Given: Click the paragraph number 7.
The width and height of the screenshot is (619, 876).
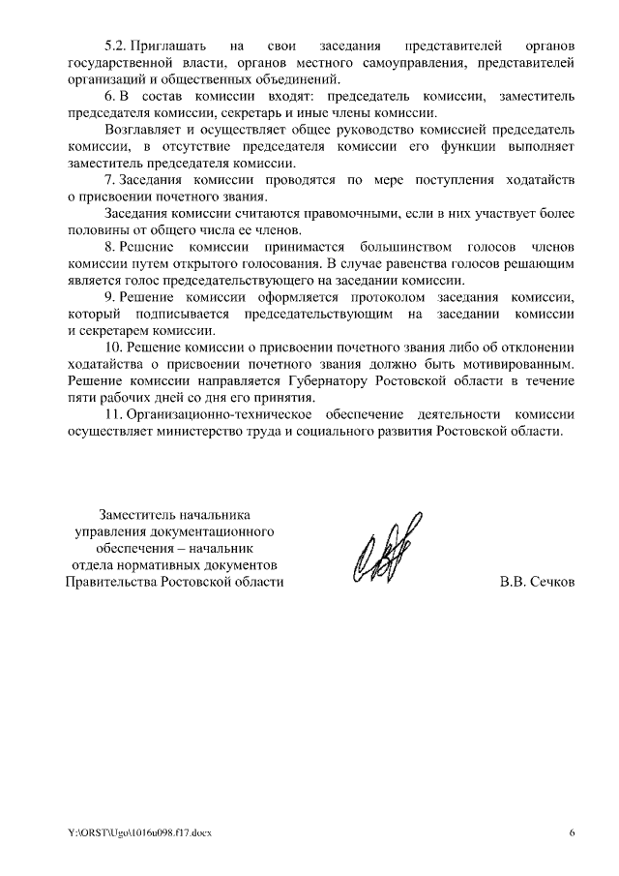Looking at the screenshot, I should pos(108,180).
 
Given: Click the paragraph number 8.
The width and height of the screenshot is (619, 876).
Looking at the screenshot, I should pos(108,247).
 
